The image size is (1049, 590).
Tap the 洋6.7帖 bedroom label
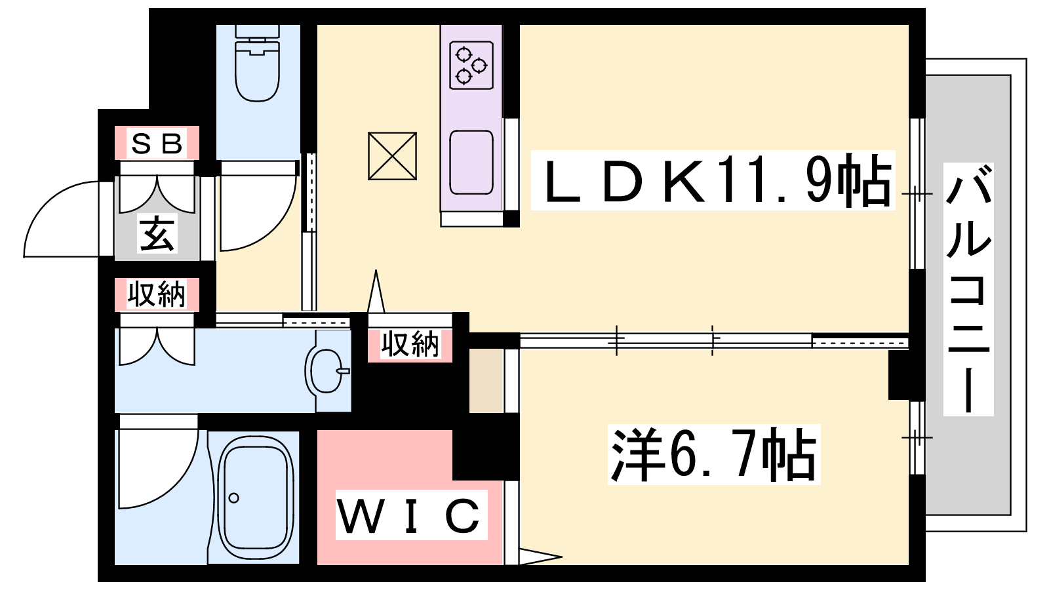tap(714, 454)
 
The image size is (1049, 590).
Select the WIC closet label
tap(411, 515)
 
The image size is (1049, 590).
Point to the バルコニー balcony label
tap(968, 289)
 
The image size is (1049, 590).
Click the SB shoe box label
tap(157, 144)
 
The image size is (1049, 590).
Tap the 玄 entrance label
tap(157, 233)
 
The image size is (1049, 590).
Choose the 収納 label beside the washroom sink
tap(410, 345)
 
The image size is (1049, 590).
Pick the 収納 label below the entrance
tap(157, 294)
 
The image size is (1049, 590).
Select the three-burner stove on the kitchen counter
tap(471, 65)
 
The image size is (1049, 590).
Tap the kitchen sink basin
tap(471, 163)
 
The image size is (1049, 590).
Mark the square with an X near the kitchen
tap(393, 156)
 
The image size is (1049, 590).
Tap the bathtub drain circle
tap(233, 498)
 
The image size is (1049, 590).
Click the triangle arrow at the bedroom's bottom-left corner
tap(540, 557)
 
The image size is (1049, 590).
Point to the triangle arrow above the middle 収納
tap(376, 291)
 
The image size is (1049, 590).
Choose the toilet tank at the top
tap(257, 31)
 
